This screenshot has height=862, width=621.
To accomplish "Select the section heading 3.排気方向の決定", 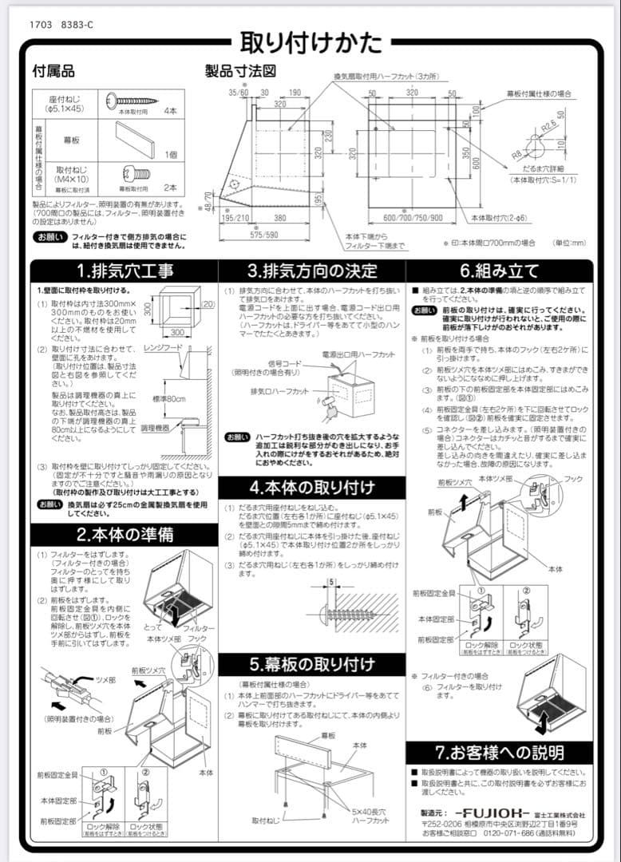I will tap(312, 271).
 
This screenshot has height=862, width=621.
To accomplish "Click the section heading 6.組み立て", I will tap(499, 271).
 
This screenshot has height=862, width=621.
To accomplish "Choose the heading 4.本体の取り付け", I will tap(312, 488).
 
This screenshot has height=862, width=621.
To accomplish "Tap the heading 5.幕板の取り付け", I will tap(312, 665).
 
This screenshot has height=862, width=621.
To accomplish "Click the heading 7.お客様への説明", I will tap(500, 752).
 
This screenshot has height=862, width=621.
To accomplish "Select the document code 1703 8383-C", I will tap(61, 25).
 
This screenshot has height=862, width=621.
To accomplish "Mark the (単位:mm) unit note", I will tap(569, 243).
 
